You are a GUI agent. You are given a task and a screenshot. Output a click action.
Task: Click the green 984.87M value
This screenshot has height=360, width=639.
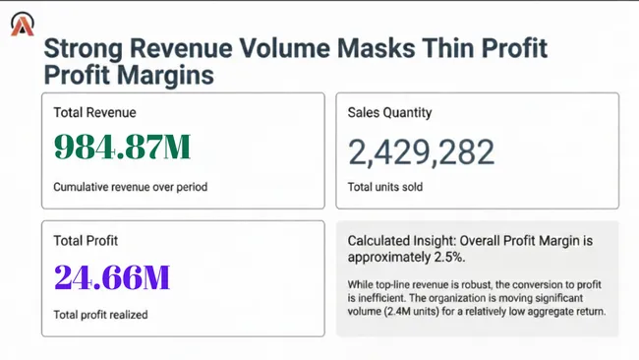click(x=122, y=148)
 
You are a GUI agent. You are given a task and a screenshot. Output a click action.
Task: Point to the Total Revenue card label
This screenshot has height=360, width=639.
click(x=94, y=113)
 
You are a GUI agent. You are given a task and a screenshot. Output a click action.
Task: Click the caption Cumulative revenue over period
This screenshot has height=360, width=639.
click(x=130, y=187)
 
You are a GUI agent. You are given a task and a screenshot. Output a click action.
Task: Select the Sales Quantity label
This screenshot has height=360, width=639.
click(x=389, y=113)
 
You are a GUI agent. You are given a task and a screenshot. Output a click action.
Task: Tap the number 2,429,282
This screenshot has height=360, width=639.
click(x=421, y=151)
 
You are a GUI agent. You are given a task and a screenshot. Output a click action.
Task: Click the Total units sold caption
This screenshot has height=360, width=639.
click(x=384, y=187)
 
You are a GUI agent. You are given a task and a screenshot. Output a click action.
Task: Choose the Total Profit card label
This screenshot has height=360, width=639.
click(x=86, y=240)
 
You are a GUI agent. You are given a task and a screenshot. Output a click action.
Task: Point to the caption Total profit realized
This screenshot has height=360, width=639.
click(x=100, y=315)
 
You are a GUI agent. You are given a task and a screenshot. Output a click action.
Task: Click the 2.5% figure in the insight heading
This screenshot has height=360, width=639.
click(x=447, y=258)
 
